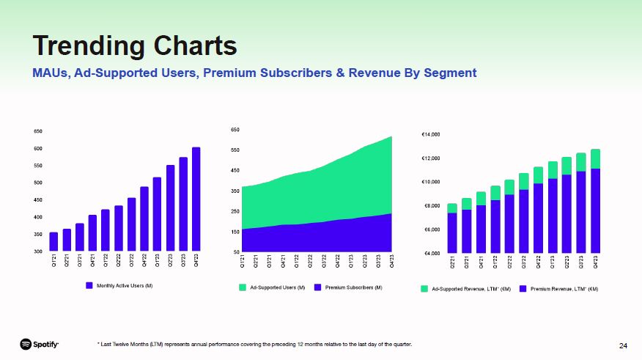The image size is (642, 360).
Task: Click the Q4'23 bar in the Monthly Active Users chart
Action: click(196, 199)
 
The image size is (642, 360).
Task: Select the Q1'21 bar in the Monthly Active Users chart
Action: click(53, 242)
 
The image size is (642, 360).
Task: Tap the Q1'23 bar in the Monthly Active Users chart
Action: click(157, 214)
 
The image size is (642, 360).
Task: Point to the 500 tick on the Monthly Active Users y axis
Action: click(37, 183)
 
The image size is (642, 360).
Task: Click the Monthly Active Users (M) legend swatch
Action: click(89, 285)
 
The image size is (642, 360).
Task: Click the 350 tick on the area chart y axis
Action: click(235, 191)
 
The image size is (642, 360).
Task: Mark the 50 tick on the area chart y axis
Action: click(235, 251)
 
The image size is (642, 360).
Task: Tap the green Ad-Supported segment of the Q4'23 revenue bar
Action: click(596, 159)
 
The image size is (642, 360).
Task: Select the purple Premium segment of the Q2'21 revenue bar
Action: click(452, 232)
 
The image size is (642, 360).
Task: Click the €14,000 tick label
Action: click(430, 135)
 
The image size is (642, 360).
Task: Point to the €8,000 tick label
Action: click(430, 206)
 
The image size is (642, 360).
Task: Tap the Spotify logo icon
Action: click(26, 344)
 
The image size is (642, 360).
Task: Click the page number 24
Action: click(623, 345)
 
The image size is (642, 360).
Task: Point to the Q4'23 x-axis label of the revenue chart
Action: click(596, 262)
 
